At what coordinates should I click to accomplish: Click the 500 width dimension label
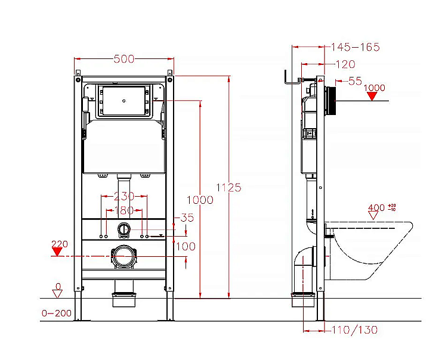pyautogui.click(x=123, y=58)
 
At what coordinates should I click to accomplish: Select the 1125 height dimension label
pyautogui.click(x=230, y=187)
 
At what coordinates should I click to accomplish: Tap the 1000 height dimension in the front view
pyautogui.click(x=200, y=200)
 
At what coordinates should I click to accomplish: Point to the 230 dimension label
pyautogui.click(x=124, y=196)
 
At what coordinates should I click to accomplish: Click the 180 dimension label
pyautogui.click(x=124, y=210)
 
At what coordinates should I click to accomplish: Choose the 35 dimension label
pyautogui.click(x=187, y=218)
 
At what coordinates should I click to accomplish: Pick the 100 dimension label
pyautogui.click(x=186, y=246)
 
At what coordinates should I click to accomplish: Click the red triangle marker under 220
pyautogui.click(x=57, y=252)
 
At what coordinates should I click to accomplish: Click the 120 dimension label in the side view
pyautogui.click(x=344, y=64)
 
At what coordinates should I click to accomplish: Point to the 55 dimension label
pyautogui.click(x=355, y=80)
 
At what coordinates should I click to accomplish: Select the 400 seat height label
pyautogui.click(x=376, y=208)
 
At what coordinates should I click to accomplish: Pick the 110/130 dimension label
pyautogui.click(x=354, y=330)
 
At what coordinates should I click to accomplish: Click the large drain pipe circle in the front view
pyautogui.click(x=124, y=256)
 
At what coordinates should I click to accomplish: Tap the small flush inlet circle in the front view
pyautogui.click(x=124, y=229)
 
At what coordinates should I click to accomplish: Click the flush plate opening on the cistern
pyautogui.click(x=123, y=101)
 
